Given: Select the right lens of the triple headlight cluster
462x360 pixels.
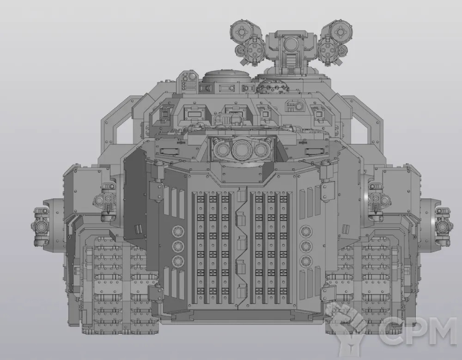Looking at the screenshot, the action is click(x=261, y=150).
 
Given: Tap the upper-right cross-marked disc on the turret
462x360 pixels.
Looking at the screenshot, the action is click(x=341, y=31).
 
